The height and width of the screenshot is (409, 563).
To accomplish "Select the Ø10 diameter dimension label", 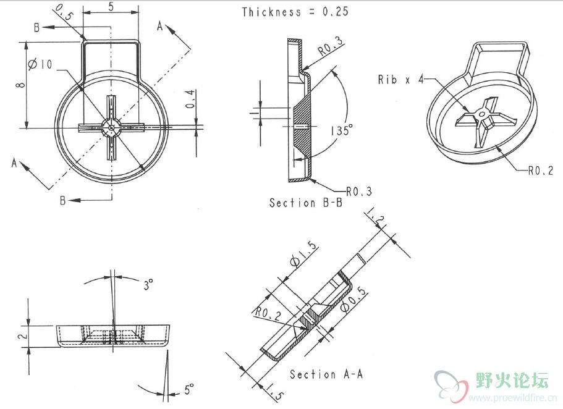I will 41,64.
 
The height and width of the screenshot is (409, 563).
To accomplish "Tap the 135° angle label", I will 341,131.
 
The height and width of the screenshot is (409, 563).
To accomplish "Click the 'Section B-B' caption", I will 306,203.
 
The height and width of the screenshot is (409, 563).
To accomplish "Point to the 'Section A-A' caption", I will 326,374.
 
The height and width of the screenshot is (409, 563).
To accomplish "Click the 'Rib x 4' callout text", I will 400,79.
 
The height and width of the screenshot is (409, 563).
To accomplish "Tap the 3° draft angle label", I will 148,285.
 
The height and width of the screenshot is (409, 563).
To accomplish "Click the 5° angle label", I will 190,389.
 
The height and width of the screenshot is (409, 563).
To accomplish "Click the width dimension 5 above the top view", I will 110,7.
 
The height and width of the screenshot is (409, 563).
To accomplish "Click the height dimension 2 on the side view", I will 20,336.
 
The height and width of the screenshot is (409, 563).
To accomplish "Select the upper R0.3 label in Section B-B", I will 331,46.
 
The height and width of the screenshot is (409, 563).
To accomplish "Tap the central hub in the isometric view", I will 480,114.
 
